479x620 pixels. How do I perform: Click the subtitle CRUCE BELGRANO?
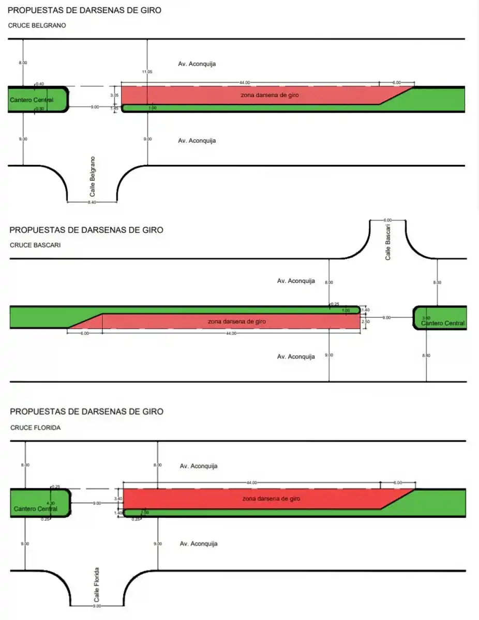37,25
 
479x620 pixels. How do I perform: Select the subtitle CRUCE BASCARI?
35,245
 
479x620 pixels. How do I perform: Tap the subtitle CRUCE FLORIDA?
35,428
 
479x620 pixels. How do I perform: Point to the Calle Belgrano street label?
93,176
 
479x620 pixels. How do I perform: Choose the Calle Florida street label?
97,584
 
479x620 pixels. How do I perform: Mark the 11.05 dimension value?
147,72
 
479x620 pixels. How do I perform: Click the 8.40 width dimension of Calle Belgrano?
92,203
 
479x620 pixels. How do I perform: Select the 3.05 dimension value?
115,96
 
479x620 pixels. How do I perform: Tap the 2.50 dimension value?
366,322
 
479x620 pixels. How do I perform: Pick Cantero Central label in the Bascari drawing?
443,323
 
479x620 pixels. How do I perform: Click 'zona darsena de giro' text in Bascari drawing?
237,321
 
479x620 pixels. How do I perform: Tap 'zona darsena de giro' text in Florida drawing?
271,499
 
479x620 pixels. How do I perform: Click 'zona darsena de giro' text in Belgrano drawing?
270,95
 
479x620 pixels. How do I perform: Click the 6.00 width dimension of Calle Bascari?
387,220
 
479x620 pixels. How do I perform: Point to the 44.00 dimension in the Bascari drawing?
231,333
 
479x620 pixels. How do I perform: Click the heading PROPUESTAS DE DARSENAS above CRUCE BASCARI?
86,230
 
